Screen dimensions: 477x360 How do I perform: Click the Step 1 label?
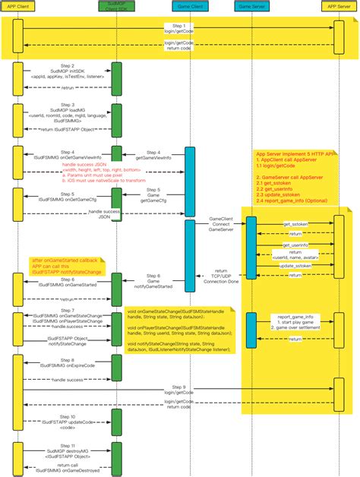178,25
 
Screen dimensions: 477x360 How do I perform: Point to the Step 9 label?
178,387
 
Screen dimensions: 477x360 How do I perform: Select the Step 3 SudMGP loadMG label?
67,113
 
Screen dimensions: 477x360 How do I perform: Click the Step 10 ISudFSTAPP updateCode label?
67,421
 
